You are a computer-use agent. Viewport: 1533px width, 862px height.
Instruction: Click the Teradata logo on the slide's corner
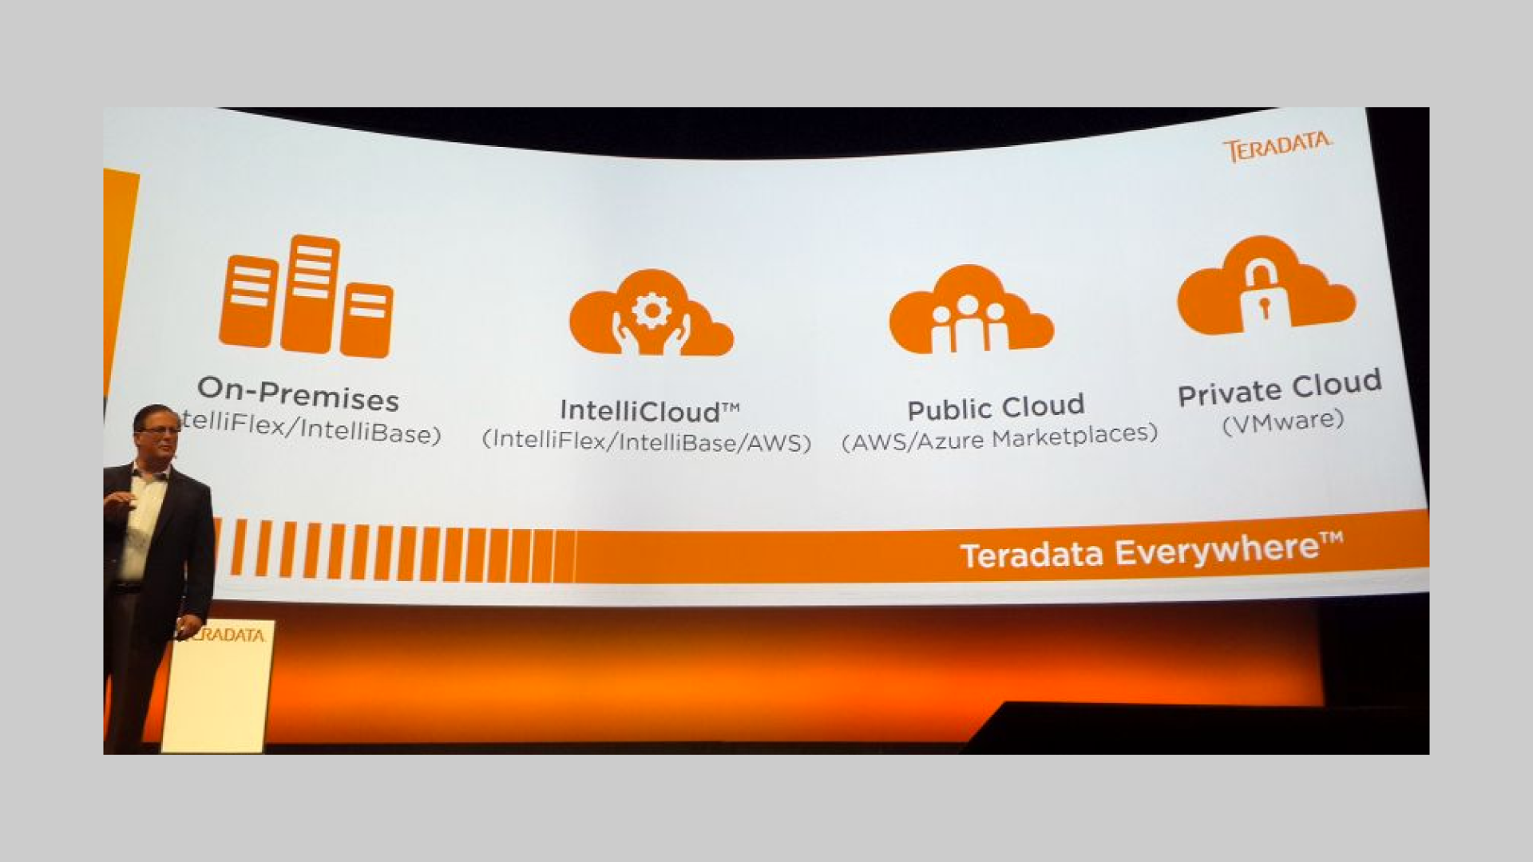pyautogui.click(x=1276, y=147)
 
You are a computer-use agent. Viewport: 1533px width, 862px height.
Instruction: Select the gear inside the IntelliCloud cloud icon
pyautogui.click(x=652, y=310)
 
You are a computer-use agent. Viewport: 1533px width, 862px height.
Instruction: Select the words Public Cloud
pyautogui.click(x=996, y=408)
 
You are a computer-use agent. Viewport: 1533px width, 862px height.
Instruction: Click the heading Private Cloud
pyautogui.click(x=1279, y=388)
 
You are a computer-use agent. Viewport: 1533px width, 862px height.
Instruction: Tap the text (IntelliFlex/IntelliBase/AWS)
pyautogui.click(x=646, y=441)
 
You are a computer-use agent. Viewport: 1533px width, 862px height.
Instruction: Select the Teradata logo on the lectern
pyautogui.click(x=227, y=635)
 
